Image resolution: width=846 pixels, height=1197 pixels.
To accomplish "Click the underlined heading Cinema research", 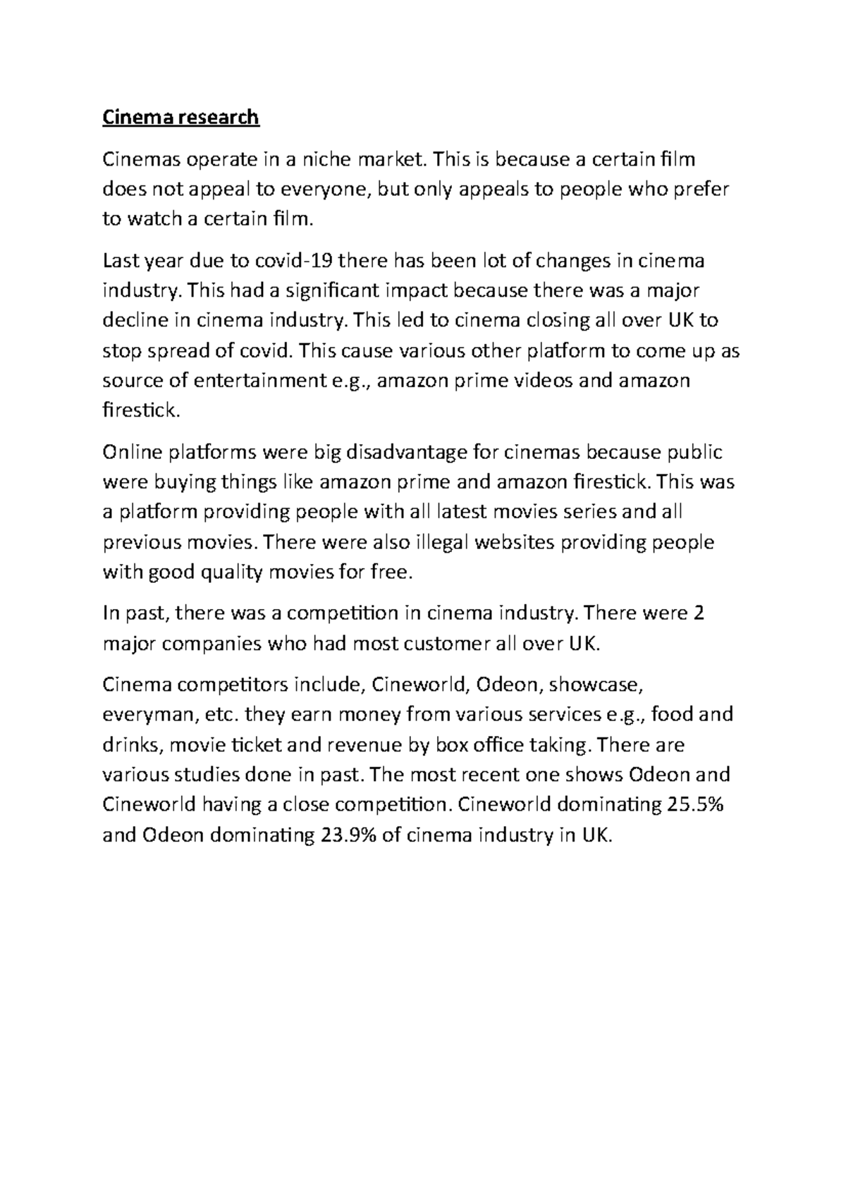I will (x=181, y=117).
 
